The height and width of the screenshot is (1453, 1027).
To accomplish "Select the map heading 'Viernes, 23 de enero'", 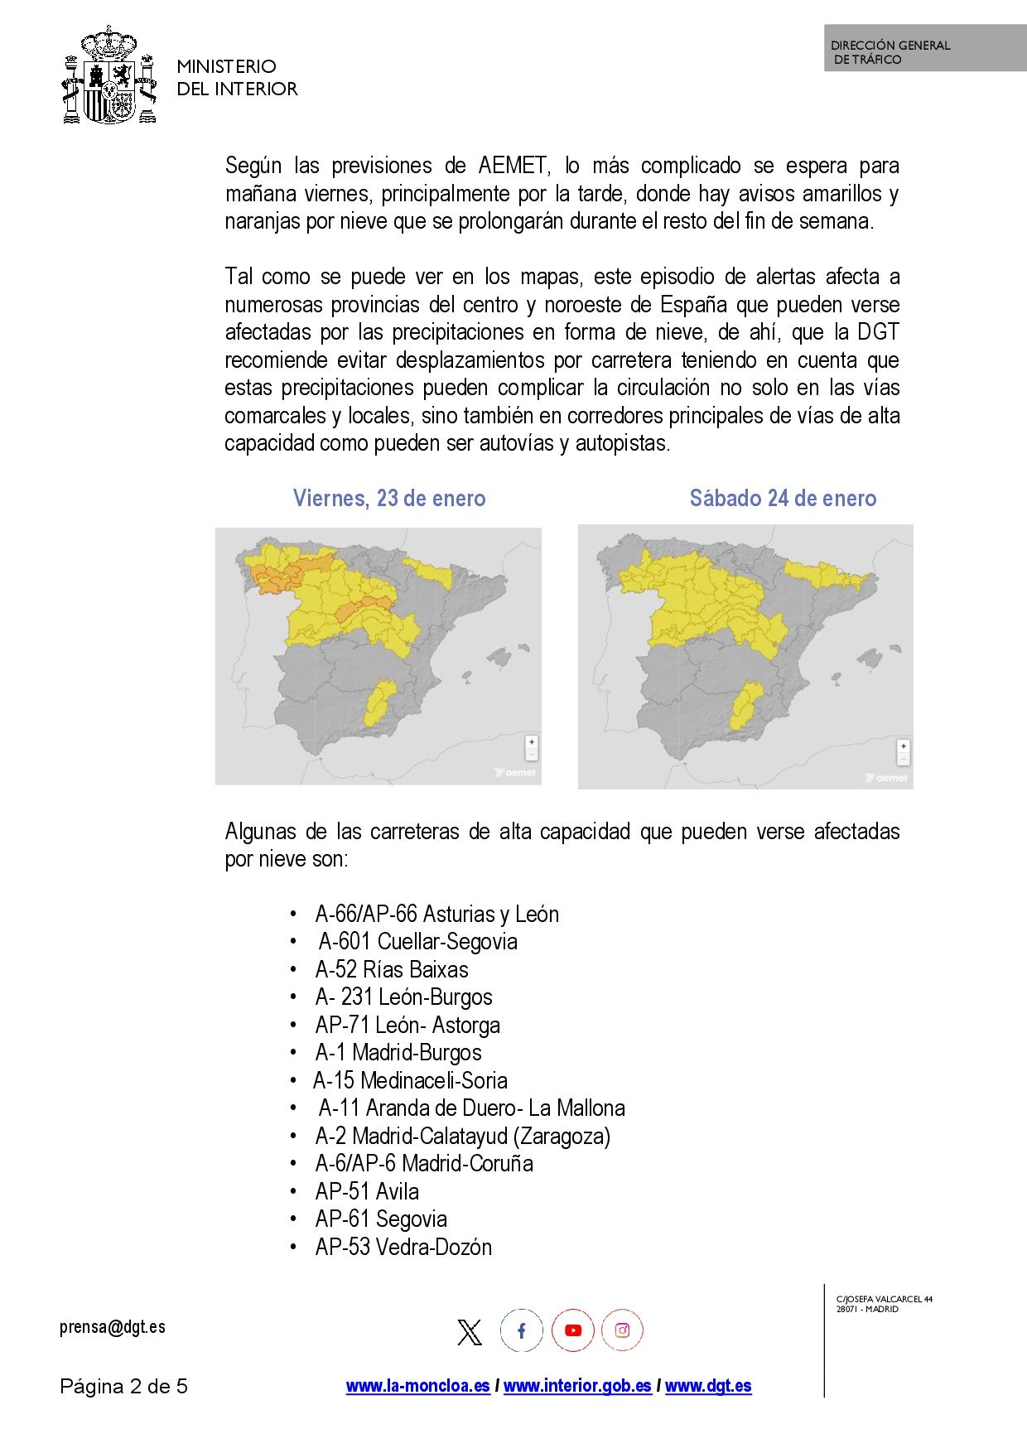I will click(389, 498).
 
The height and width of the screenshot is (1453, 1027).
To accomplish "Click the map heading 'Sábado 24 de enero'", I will click(783, 498).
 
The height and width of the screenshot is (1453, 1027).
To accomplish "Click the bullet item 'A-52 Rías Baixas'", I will click(392, 969).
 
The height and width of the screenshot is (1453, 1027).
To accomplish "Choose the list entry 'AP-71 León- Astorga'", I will click(407, 1025).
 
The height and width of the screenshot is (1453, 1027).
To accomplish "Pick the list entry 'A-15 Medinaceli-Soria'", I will click(410, 1080).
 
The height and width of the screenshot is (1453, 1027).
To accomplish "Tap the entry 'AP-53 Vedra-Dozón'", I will click(403, 1247).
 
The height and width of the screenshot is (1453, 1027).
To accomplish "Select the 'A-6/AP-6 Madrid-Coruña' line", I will click(424, 1163).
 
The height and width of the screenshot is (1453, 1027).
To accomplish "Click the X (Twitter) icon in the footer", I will click(470, 1331).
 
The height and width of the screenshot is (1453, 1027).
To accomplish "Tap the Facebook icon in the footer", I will click(522, 1330).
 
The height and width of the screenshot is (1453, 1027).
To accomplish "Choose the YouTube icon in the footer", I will click(573, 1330).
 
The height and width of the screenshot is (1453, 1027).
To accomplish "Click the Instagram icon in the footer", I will click(622, 1330).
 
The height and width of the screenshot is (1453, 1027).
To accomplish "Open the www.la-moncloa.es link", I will click(418, 1386).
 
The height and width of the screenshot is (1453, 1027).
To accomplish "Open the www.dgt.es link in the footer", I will click(708, 1386).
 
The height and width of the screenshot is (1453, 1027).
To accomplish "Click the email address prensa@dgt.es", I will click(113, 1327).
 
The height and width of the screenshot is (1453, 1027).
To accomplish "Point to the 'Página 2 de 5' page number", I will click(124, 1386).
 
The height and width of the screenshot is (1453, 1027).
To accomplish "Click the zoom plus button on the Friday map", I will click(532, 742).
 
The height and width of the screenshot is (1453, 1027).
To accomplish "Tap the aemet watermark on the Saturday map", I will click(887, 778).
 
